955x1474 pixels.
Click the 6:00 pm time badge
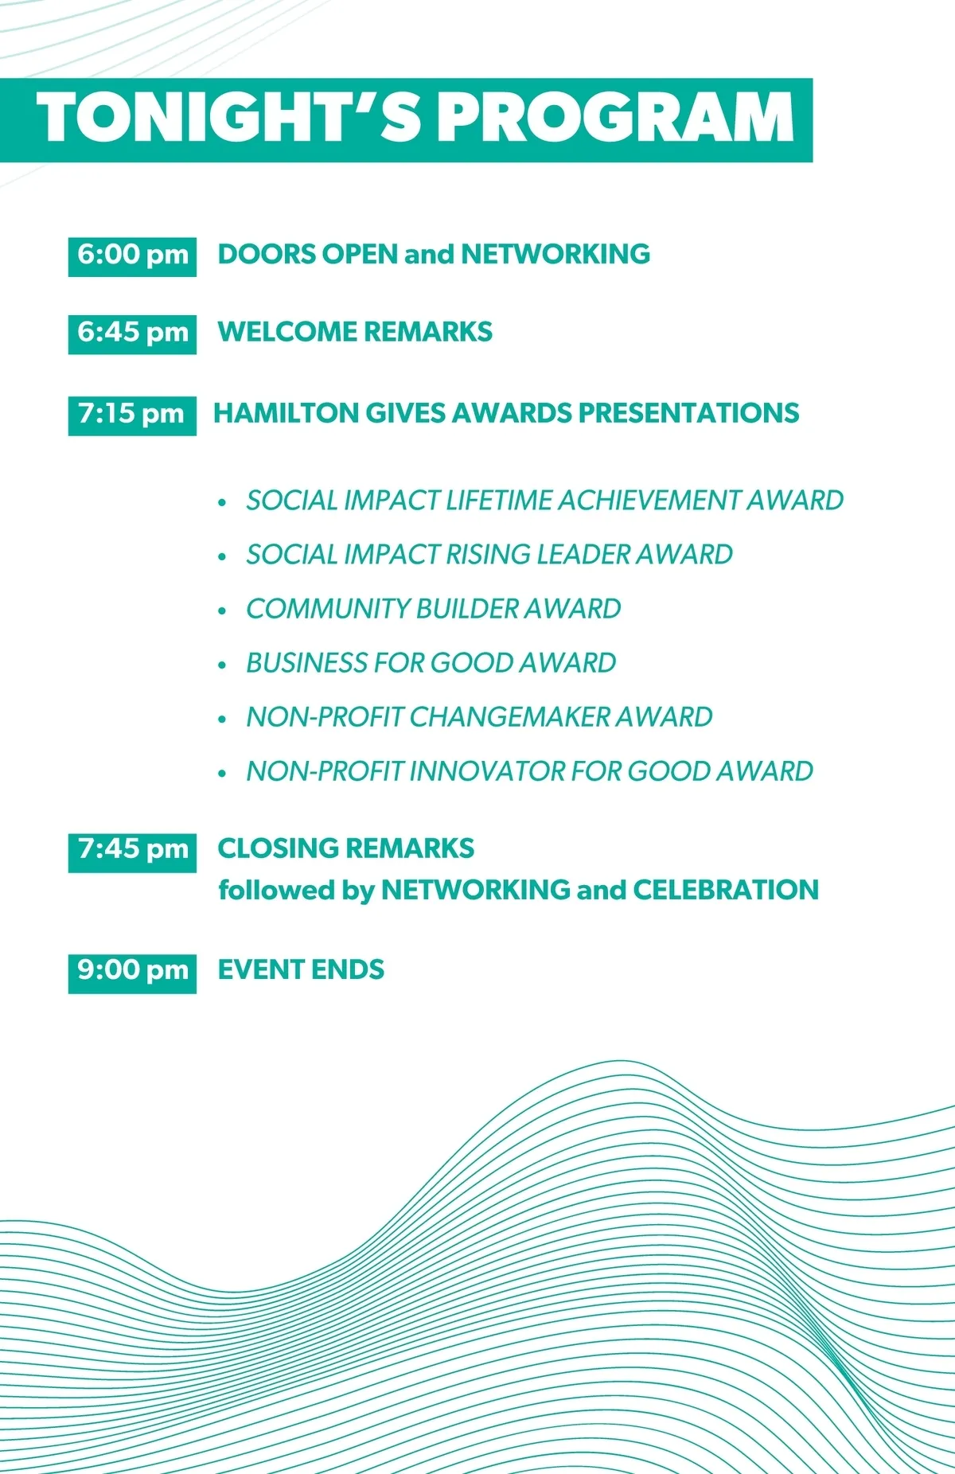132,256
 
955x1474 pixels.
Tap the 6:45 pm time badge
132,333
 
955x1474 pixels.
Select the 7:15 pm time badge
132,415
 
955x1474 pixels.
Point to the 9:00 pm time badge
132,973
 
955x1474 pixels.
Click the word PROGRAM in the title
617,118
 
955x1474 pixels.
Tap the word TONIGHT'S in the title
229,118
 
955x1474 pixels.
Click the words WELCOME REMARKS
355,332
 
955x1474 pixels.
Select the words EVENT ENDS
301,969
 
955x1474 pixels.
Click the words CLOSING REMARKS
346,848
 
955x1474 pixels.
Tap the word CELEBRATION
726,890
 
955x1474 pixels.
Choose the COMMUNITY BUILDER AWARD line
434,609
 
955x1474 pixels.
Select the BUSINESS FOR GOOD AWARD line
431,663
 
